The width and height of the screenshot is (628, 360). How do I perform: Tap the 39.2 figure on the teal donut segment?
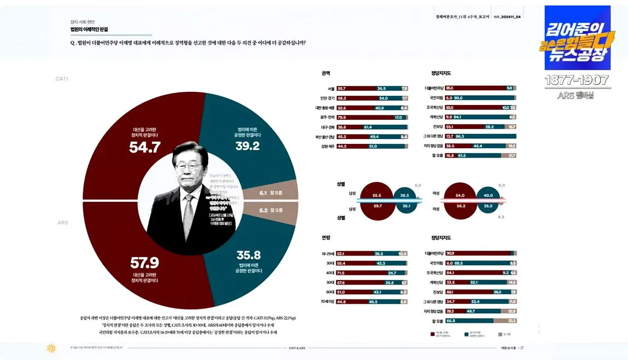[x=247, y=146]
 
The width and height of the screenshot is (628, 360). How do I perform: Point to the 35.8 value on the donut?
[x=248, y=256]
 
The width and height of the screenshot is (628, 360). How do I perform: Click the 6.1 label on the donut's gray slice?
[x=263, y=193]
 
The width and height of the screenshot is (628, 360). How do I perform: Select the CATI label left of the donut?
[x=62, y=79]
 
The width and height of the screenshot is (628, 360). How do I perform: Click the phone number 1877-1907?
[x=577, y=80]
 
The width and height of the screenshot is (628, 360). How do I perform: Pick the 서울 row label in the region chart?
[x=331, y=88]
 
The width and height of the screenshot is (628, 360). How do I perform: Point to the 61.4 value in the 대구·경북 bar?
[x=368, y=127]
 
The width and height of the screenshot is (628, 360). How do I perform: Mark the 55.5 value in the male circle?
[x=377, y=195]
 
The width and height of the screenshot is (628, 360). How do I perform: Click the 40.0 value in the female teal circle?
[x=488, y=195]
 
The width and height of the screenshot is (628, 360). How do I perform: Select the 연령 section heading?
[x=326, y=237]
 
